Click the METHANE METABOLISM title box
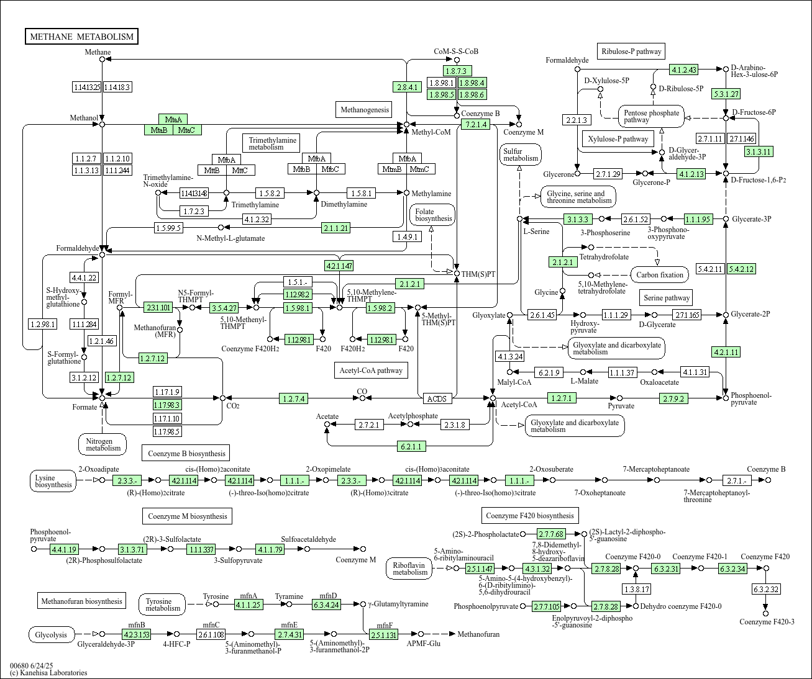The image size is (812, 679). [x=81, y=37]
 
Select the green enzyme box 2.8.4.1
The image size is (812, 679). [x=407, y=87]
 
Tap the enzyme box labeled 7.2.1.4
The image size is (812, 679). [x=476, y=124]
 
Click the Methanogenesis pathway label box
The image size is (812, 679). [x=365, y=109]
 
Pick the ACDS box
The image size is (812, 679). [x=437, y=398]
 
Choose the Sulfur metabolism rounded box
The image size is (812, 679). [x=521, y=155]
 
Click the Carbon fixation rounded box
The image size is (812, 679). [x=660, y=274]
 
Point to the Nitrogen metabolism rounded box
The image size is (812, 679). [x=103, y=444]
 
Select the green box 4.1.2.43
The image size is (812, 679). [x=683, y=70]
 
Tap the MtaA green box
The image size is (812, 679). [x=173, y=119]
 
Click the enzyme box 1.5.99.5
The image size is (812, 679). [x=169, y=228]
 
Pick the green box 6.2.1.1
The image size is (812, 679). [x=411, y=446]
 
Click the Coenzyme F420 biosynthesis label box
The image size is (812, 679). [x=530, y=516]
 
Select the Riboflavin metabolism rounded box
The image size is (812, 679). [x=409, y=569]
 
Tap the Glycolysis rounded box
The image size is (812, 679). [x=52, y=635]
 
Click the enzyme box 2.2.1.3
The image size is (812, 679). [x=577, y=120]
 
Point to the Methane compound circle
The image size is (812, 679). [x=103, y=60]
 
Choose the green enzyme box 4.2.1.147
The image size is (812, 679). [x=339, y=266]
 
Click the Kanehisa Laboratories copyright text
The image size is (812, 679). [x=48, y=673]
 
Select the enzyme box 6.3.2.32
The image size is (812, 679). [x=766, y=589]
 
